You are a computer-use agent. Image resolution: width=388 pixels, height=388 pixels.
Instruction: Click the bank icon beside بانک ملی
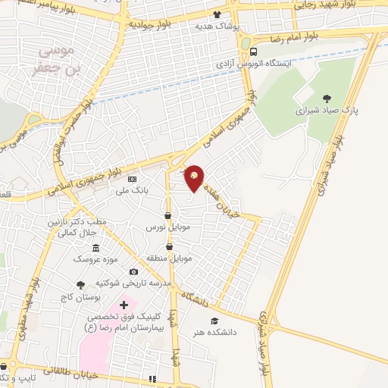pos(133,180)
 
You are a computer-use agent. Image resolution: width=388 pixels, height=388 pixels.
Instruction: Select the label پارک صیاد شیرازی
pos(327,111)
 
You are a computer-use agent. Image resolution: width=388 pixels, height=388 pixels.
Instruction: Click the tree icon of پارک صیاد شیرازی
pos(327,98)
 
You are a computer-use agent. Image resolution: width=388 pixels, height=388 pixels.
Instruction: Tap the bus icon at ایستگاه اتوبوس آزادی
pos(252,52)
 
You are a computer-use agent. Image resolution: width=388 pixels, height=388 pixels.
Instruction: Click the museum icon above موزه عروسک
pos(95,248)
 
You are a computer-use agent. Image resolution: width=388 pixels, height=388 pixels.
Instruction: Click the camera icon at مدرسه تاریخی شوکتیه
pos(133,272)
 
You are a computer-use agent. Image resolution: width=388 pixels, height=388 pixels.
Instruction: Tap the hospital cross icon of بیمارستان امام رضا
pos(124,305)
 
